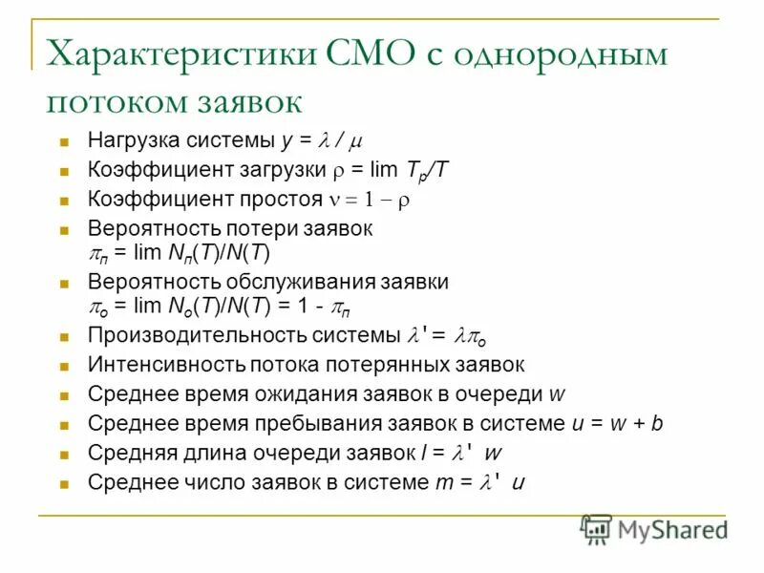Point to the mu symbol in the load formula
click(x=355, y=142)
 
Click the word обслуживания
click(x=310, y=283)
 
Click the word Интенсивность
click(x=156, y=365)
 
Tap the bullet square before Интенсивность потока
click(x=66, y=366)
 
